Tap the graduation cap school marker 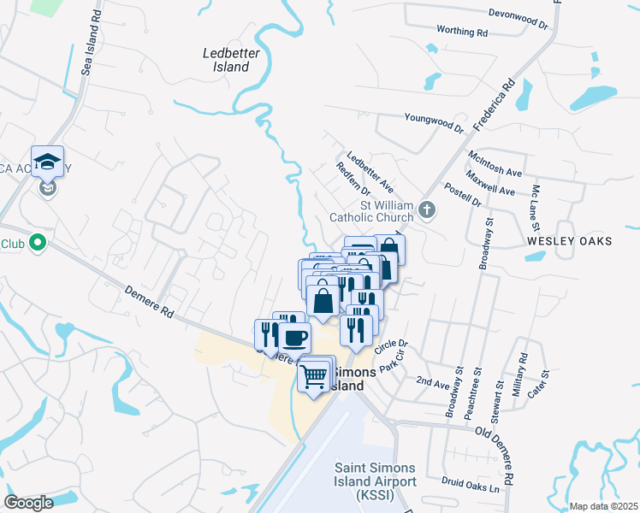[x=48, y=162]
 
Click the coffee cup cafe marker [x=295, y=338]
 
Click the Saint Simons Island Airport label [x=375, y=475]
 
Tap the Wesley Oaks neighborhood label [x=569, y=241]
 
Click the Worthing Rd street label [x=461, y=31]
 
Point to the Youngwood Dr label [x=433, y=120]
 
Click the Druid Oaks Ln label [x=470, y=486]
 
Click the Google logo [x=29, y=502]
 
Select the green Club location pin [x=37, y=244]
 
